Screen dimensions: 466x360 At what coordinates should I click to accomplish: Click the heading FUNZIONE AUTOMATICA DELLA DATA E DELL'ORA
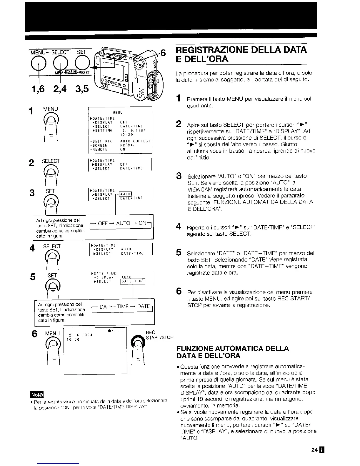point(232,352)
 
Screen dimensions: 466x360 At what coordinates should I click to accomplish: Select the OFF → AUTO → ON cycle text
point(122,223)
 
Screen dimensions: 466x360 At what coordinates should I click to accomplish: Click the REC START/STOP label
point(159,334)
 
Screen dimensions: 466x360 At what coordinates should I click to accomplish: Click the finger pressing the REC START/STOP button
point(138,352)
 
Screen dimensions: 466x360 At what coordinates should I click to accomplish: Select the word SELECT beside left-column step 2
point(51,161)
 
